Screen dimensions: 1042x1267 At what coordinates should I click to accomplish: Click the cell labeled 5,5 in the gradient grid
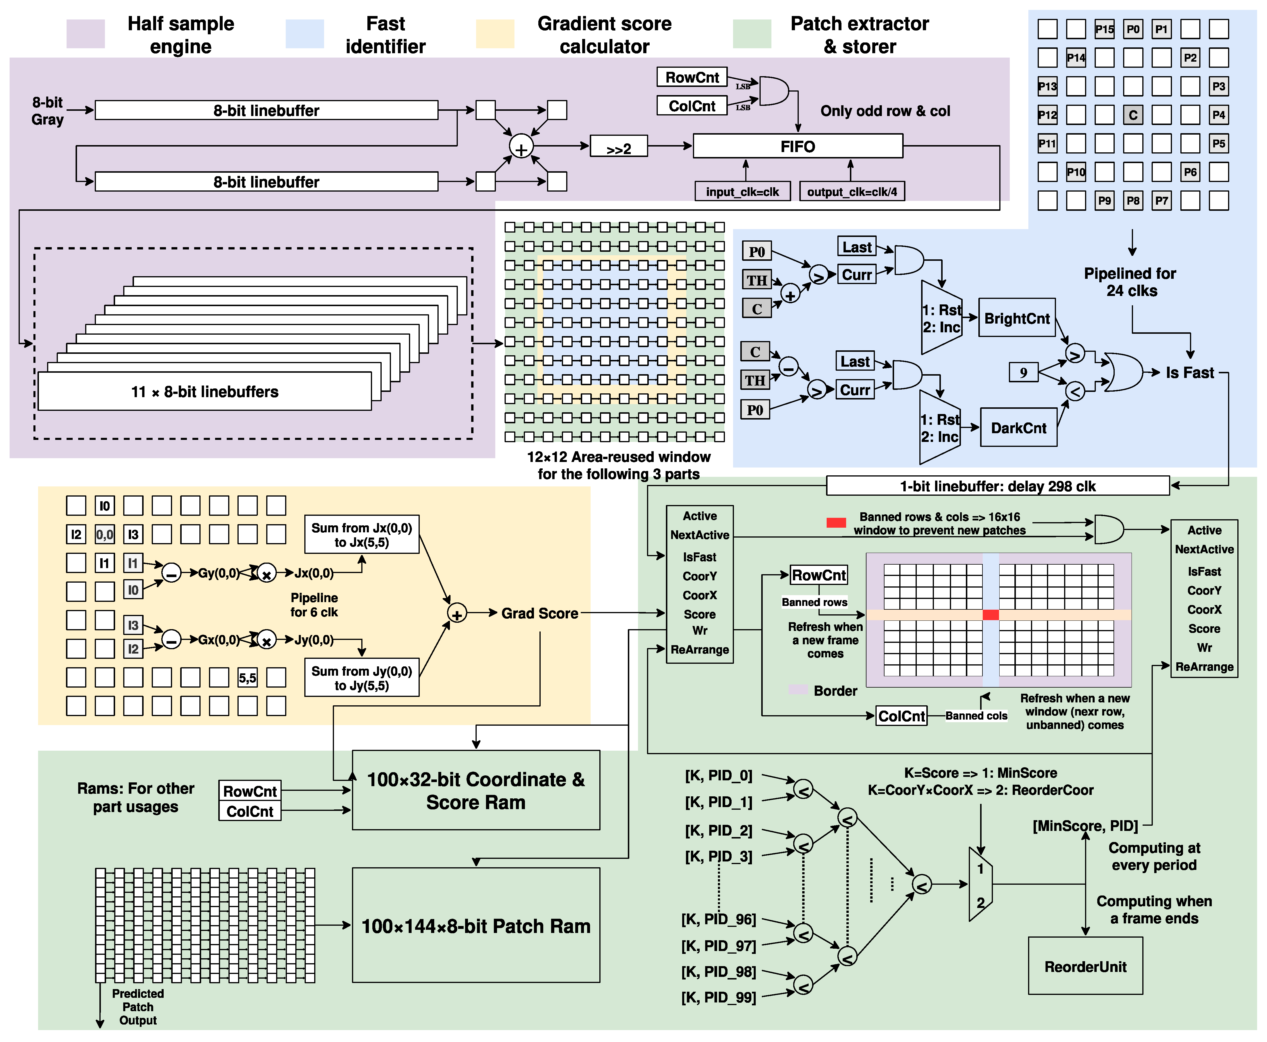[247, 678]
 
